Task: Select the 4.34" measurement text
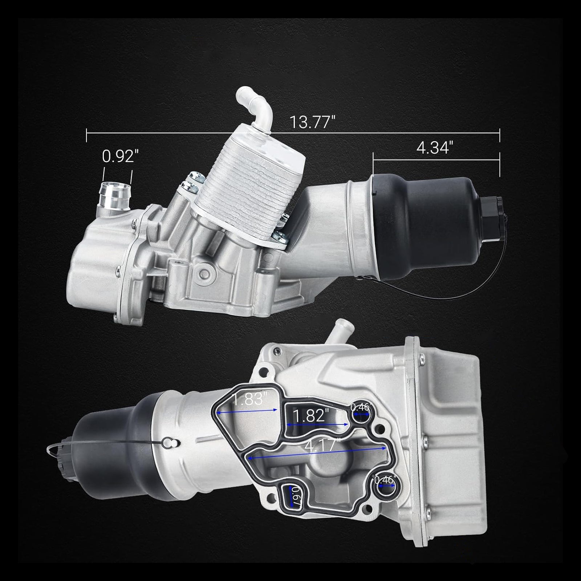click(435, 148)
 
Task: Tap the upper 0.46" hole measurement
click(360, 407)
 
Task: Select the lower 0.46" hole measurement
click(385, 480)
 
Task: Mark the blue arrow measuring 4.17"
click(316, 453)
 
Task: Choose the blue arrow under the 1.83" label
click(247, 411)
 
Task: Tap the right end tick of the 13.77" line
click(500, 135)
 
